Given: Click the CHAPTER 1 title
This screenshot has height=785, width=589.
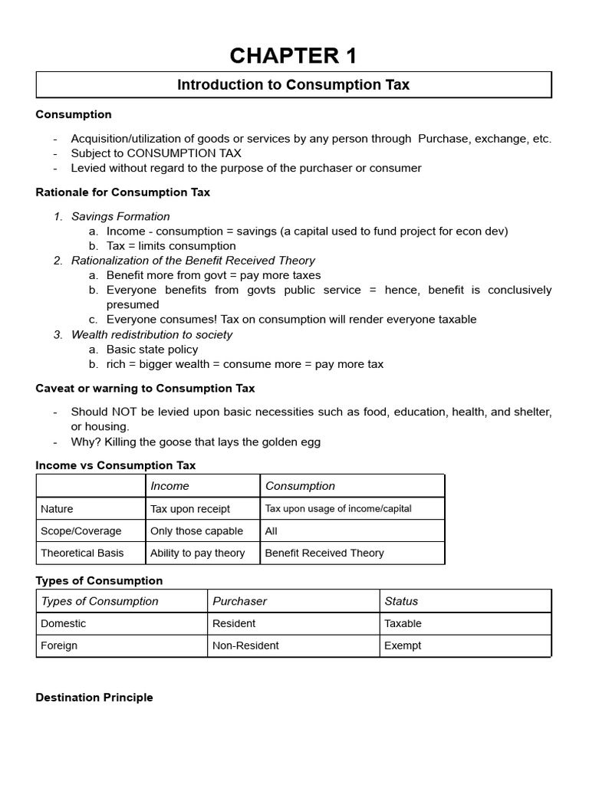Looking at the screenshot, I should (294, 56).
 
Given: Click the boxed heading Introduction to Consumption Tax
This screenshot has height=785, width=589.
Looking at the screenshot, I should (294, 85).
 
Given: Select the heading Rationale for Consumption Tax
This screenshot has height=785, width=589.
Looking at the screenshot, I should (123, 192).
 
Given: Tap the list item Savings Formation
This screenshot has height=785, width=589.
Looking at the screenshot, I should (120, 217).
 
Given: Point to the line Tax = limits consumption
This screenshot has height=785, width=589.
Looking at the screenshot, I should (171, 246).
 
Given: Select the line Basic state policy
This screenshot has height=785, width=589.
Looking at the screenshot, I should (152, 350).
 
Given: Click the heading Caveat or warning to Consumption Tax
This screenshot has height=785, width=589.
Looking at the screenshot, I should (145, 389).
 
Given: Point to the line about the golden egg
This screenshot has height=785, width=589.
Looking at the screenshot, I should (196, 442).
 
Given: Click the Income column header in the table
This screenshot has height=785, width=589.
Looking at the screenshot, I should (169, 486).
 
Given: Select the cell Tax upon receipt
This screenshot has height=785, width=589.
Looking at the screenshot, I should (190, 509).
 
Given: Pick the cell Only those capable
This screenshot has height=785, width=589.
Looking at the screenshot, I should (196, 531).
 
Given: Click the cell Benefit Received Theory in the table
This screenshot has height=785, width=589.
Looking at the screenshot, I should (324, 553).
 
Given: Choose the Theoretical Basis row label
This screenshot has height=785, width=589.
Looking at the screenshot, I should (82, 553).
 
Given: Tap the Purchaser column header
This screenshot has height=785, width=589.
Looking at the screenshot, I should (240, 602).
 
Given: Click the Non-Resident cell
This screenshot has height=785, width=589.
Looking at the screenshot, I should (245, 646).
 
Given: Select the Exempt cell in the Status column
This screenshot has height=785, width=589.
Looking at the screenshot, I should (403, 646).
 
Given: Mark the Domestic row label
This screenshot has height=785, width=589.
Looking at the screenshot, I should (64, 624).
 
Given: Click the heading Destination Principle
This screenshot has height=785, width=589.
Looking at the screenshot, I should (94, 698).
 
